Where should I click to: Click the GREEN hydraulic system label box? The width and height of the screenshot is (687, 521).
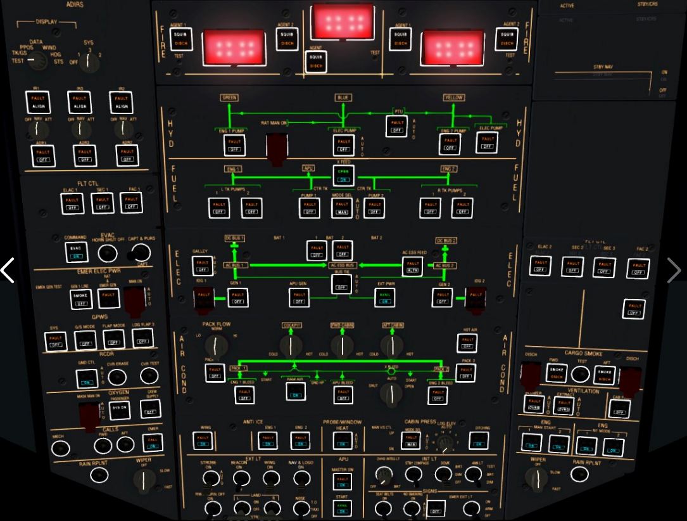tap(229, 98)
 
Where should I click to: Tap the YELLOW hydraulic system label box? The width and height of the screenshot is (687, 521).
tap(453, 98)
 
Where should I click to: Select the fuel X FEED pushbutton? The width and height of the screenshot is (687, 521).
tap(344, 175)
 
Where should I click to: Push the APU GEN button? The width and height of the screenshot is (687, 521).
tap(299, 298)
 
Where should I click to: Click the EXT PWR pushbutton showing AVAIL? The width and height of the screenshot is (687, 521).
tap(384, 298)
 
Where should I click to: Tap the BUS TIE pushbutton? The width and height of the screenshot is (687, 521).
tap(342, 283)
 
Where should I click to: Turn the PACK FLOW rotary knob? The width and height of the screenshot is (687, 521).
tap(216, 345)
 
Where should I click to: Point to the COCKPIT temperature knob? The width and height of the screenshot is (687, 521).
tap(291, 345)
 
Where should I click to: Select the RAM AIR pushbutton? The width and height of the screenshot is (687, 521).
tap(296, 392)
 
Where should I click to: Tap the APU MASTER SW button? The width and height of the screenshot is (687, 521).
tap(343, 482)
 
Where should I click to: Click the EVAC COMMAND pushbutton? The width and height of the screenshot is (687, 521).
tap(77, 252)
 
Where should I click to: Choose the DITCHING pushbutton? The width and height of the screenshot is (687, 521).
tap(478, 440)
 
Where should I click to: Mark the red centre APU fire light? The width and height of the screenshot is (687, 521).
tap(342, 22)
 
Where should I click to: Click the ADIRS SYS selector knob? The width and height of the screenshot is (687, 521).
tap(88, 61)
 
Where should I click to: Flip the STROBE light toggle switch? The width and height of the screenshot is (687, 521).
tap(208, 479)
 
